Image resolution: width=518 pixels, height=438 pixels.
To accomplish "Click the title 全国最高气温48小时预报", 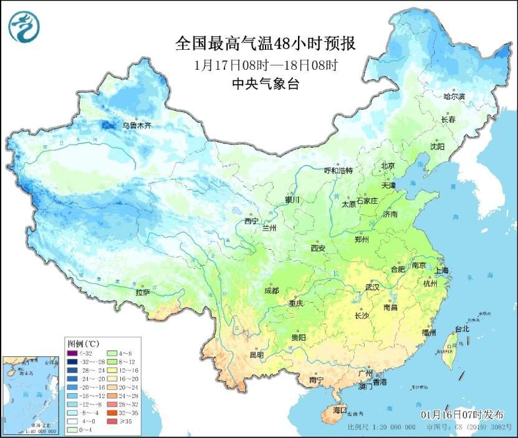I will (x=266, y=44).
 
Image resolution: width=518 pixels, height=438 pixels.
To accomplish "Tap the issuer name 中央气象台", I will (x=266, y=84).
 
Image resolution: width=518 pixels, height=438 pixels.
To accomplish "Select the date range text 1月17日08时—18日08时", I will (x=266, y=65).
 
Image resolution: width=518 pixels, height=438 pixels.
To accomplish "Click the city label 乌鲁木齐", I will (x=136, y=125).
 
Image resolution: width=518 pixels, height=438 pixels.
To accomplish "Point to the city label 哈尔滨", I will (x=454, y=97).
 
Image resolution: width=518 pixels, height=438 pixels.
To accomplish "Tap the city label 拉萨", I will (x=143, y=292).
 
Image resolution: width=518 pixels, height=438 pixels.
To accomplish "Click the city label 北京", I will (x=388, y=166).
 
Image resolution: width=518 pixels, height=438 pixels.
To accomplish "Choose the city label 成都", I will (x=271, y=291).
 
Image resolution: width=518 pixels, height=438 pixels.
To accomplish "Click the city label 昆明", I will (x=256, y=355).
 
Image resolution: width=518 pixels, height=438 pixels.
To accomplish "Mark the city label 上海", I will (x=442, y=271).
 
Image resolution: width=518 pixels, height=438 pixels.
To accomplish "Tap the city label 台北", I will (x=461, y=329).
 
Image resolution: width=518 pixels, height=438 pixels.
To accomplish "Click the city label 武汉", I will (x=373, y=288).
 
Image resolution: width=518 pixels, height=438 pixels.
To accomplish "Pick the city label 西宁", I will (x=251, y=221).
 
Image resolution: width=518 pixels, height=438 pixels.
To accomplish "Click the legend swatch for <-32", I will (x=72, y=353).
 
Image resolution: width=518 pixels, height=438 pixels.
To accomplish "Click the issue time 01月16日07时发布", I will (x=462, y=414).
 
